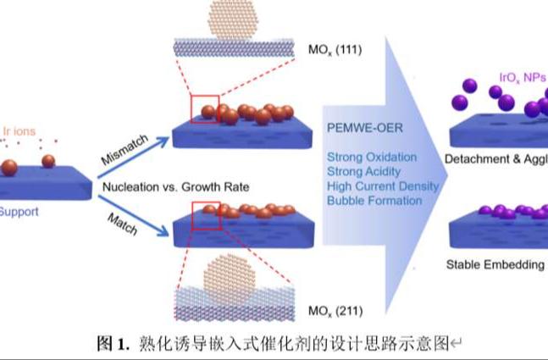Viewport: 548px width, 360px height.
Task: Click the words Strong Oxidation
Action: [372, 158]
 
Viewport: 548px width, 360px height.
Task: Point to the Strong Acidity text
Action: [364, 172]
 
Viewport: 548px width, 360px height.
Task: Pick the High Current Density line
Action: [383, 186]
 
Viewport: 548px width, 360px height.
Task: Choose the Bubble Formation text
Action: [374, 200]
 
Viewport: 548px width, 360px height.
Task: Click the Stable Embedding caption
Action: [495, 264]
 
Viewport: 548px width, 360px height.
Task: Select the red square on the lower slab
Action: [206, 215]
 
